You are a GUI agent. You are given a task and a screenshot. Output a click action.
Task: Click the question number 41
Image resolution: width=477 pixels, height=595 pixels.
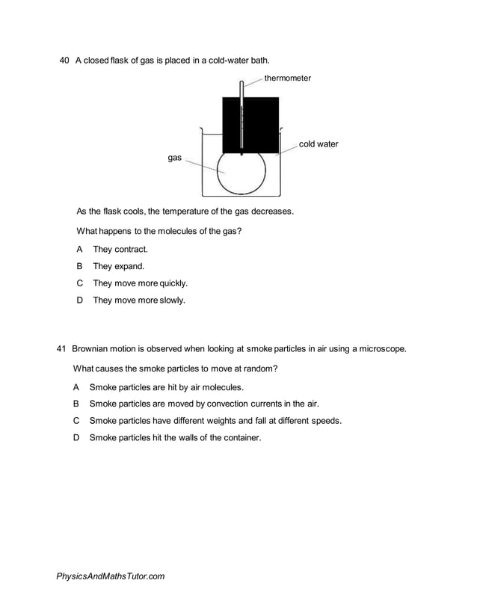point(61,349)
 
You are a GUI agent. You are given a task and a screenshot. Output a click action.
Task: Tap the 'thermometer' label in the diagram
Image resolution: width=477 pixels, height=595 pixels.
point(287,78)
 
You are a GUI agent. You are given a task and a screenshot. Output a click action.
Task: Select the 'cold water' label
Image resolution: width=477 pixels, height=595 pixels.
point(318,144)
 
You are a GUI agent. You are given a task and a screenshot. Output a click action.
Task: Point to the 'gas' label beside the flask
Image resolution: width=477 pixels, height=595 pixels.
point(175,158)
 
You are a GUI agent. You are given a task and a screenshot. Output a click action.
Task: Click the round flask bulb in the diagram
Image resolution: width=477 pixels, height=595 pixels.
point(240,173)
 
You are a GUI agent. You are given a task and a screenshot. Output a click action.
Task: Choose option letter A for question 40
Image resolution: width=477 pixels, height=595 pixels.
point(79,250)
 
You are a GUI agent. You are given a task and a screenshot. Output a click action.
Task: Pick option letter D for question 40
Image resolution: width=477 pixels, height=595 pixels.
point(79,300)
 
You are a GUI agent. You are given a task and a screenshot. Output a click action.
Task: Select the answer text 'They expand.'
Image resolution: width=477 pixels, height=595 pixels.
point(119,266)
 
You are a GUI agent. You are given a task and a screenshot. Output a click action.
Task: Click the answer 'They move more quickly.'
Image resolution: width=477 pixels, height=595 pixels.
point(140,283)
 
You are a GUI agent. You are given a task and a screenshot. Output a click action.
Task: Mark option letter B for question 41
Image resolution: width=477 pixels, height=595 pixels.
point(76,404)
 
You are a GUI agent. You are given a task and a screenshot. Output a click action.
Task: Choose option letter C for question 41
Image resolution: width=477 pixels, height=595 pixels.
point(76,421)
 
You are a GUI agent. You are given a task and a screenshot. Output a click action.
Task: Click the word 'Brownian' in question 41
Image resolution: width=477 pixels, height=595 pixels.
point(91,349)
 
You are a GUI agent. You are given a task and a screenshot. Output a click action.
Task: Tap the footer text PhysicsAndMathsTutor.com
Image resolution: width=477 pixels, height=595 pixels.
point(110,576)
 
